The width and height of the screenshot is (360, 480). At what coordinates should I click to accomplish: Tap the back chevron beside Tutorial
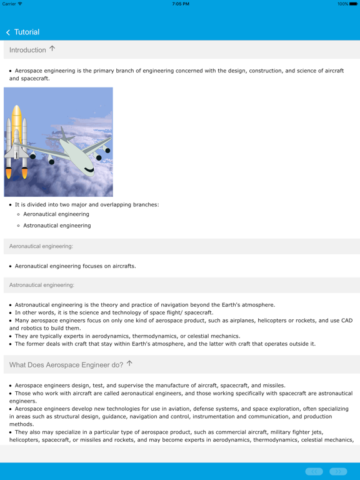point(8,32)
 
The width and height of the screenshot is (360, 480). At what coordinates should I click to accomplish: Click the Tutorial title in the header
point(27,32)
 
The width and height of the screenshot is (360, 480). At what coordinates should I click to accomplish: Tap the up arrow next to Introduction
point(52,49)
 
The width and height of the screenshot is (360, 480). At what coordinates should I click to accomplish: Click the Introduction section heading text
point(27,50)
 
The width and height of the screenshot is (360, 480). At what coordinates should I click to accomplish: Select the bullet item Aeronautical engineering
point(56,214)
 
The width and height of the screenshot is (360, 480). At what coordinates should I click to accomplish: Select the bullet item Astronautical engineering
point(57,226)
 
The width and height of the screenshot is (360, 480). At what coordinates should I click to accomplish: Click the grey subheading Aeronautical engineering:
point(41,246)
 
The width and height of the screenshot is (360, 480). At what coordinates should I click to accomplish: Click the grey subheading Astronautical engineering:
point(42,285)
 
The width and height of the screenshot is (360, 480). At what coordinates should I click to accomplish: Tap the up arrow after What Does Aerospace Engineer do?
point(129,363)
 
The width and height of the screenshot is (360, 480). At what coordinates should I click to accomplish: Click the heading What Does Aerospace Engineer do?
point(66,364)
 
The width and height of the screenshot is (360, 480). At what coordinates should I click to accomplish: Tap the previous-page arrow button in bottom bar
point(314,471)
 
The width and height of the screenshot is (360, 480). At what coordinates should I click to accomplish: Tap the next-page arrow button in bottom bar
point(338,471)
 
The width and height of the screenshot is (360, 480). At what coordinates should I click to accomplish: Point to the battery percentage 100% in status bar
point(342,4)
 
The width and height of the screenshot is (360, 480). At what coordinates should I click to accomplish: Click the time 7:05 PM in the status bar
point(180,4)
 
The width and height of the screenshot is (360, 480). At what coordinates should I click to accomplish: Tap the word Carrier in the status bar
point(9,4)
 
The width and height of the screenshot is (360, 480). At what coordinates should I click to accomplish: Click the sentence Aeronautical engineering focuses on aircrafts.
point(75,266)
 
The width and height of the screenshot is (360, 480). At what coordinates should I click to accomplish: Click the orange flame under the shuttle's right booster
point(25,172)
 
